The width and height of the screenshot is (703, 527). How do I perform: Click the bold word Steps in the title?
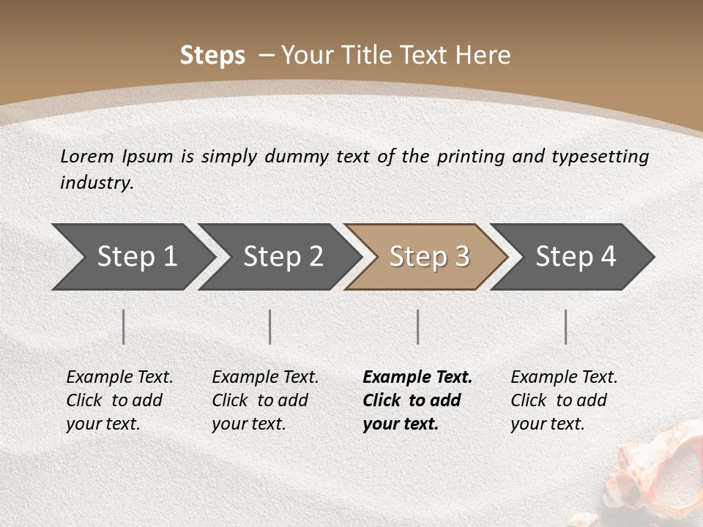[x=212, y=56]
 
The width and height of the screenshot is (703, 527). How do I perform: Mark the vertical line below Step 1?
[x=124, y=326]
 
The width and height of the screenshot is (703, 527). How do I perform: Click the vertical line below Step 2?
[x=270, y=326]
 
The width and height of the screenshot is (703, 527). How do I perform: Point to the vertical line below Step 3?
[x=418, y=326]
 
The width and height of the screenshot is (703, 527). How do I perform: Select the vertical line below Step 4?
[x=566, y=326]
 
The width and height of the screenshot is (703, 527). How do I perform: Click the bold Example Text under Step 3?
[x=417, y=377]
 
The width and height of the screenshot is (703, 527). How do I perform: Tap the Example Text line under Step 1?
[x=119, y=377]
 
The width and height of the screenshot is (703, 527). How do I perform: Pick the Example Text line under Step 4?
[x=564, y=377]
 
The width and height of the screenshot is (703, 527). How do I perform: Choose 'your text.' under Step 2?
[x=248, y=424]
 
